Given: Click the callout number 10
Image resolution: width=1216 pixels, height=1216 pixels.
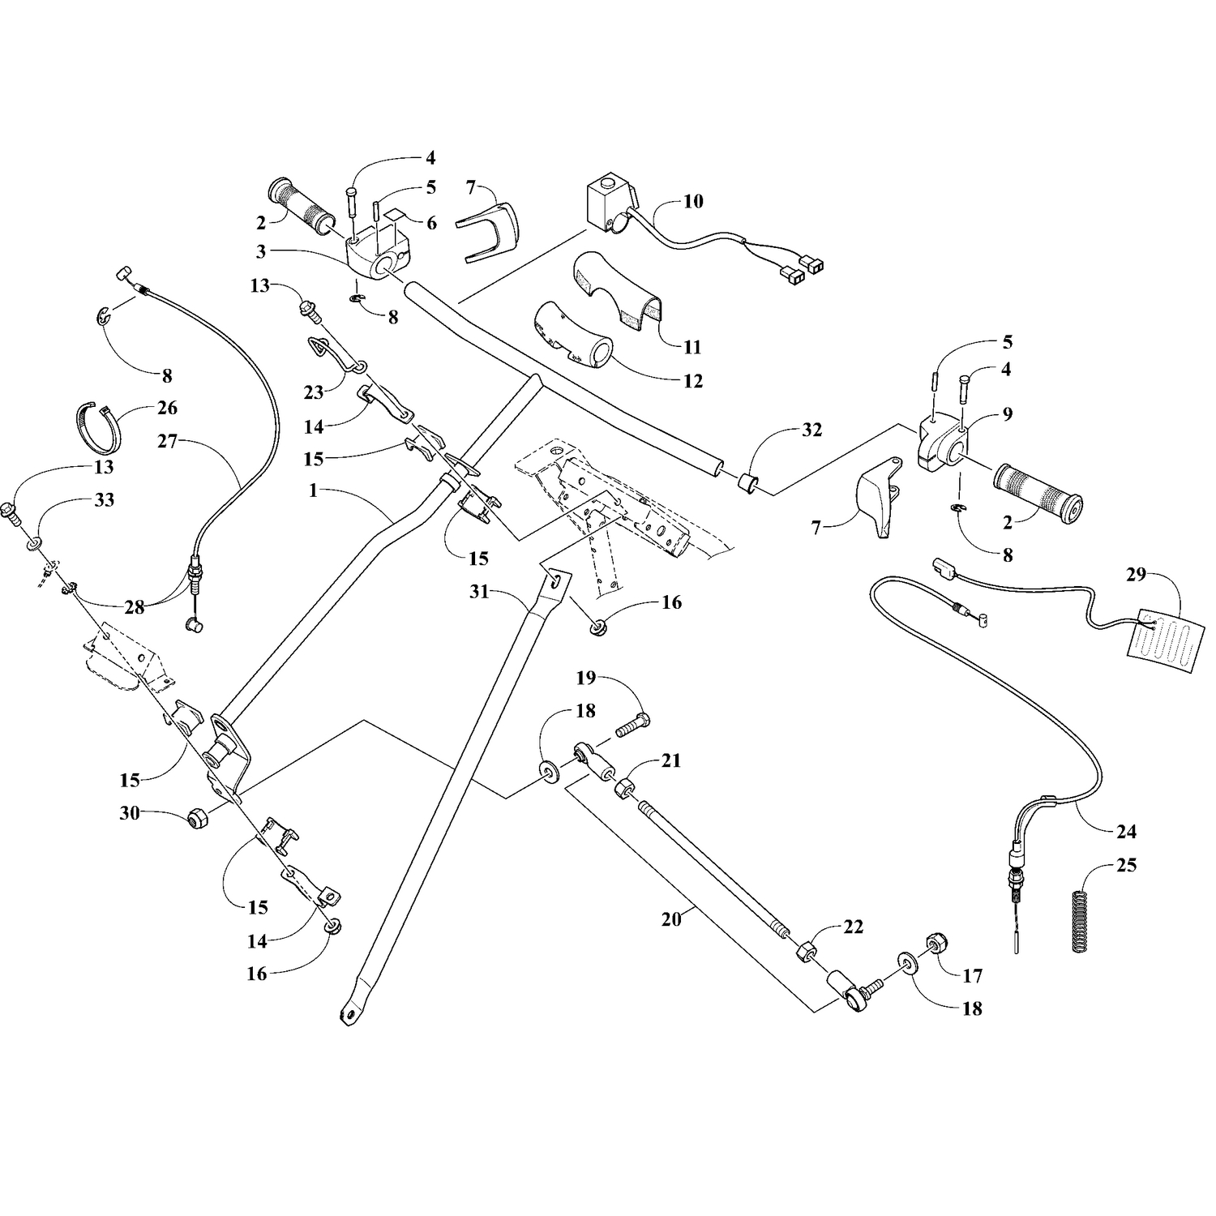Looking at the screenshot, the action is click(693, 201).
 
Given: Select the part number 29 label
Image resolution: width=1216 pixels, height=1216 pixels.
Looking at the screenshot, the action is click(1136, 575).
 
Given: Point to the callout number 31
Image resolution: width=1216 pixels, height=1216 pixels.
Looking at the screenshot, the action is click(479, 593).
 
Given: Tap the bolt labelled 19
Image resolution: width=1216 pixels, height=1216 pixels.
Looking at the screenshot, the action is click(633, 723).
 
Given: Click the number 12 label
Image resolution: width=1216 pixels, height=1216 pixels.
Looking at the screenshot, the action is click(693, 381).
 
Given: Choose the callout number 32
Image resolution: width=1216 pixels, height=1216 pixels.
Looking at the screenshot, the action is click(811, 430).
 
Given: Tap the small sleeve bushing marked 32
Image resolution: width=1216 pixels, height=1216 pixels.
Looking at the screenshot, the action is click(747, 483).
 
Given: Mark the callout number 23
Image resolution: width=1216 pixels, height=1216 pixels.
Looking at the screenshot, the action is click(314, 392).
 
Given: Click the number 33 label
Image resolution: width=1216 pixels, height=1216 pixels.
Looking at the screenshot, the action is click(104, 500).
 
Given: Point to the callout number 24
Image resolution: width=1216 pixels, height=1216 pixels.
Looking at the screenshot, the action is click(1126, 832).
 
